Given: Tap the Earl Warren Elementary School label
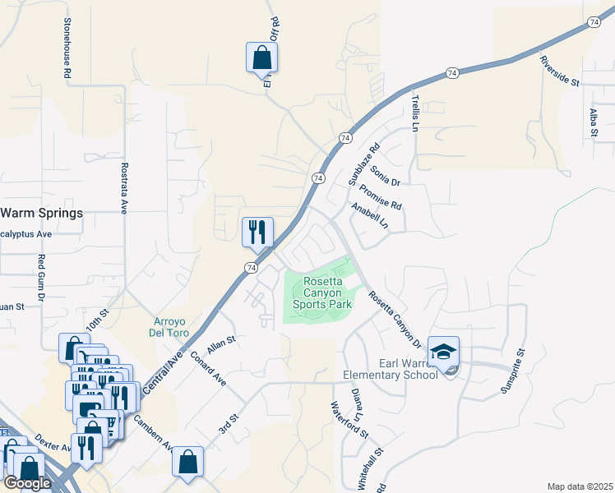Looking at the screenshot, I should [x=390, y=370].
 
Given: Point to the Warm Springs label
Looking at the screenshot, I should [x=42, y=213].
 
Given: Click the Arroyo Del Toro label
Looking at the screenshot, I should [x=172, y=327].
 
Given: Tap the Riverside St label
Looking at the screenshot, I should [x=560, y=71].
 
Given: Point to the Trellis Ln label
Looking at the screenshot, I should [x=415, y=113].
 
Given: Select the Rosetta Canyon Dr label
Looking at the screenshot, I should [x=394, y=320].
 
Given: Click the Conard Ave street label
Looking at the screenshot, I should [x=208, y=370].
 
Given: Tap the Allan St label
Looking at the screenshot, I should [x=222, y=344].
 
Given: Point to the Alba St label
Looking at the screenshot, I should [x=592, y=122].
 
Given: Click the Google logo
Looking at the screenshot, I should [x=27, y=483].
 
